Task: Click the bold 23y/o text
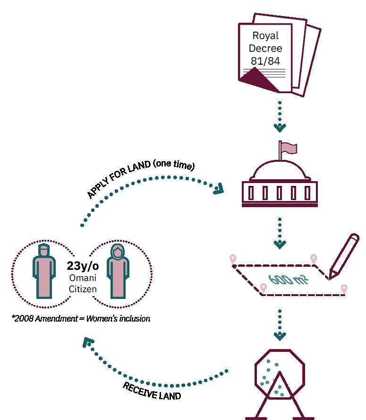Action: tap(82, 266)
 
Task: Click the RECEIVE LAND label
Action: tap(152, 391)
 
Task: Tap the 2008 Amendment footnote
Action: tap(81, 319)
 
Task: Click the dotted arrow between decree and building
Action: tap(280, 116)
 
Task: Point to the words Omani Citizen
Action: tap(82, 283)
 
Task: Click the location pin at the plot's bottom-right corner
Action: tap(344, 289)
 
